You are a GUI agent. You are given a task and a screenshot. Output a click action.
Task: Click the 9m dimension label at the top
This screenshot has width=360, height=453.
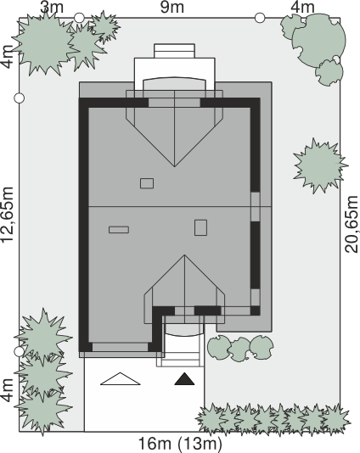[x=172, y=7]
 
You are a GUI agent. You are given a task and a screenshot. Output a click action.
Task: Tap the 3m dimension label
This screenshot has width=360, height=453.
[x=52, y=7]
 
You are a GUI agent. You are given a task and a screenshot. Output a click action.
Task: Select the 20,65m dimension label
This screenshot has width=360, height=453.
[x=352, y=224]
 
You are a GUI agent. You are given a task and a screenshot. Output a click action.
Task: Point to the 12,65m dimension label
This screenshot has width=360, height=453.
[x=7, y=215]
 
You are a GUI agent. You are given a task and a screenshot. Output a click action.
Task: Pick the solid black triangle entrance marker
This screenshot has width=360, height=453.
[x=184, y=379]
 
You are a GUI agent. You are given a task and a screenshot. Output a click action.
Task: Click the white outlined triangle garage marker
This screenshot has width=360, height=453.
[x=121, y=378]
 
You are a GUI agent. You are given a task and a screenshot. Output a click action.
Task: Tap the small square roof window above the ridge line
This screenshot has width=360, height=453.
[x=147, y=183]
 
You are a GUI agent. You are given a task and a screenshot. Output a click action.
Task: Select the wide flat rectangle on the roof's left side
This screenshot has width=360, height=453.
[x=119, y=230]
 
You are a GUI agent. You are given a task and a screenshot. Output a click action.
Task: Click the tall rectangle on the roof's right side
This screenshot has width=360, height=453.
[x=200, y=227]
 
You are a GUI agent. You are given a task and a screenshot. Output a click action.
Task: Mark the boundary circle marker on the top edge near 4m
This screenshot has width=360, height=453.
[x=260, y=18]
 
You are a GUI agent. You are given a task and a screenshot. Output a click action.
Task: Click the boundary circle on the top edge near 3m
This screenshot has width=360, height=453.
[x=79, y=18]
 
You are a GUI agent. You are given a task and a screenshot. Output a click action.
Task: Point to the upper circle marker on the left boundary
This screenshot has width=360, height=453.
[x=20, y=98]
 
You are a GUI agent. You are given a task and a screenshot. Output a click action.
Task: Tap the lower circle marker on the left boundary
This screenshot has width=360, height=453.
[x=20, y=351]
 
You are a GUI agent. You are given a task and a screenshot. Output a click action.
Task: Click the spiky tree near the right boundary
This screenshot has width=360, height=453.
[x=320, y=165]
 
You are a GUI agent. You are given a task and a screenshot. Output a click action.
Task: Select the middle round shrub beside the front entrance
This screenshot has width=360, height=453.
[x=239, y=350]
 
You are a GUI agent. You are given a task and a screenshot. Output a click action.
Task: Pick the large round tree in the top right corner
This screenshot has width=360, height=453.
[x=318, y=41]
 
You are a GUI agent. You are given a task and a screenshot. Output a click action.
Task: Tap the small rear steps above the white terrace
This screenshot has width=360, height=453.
[x=174, y=51]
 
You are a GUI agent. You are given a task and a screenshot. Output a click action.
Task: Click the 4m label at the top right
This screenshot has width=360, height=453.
[x=302, y=7]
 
